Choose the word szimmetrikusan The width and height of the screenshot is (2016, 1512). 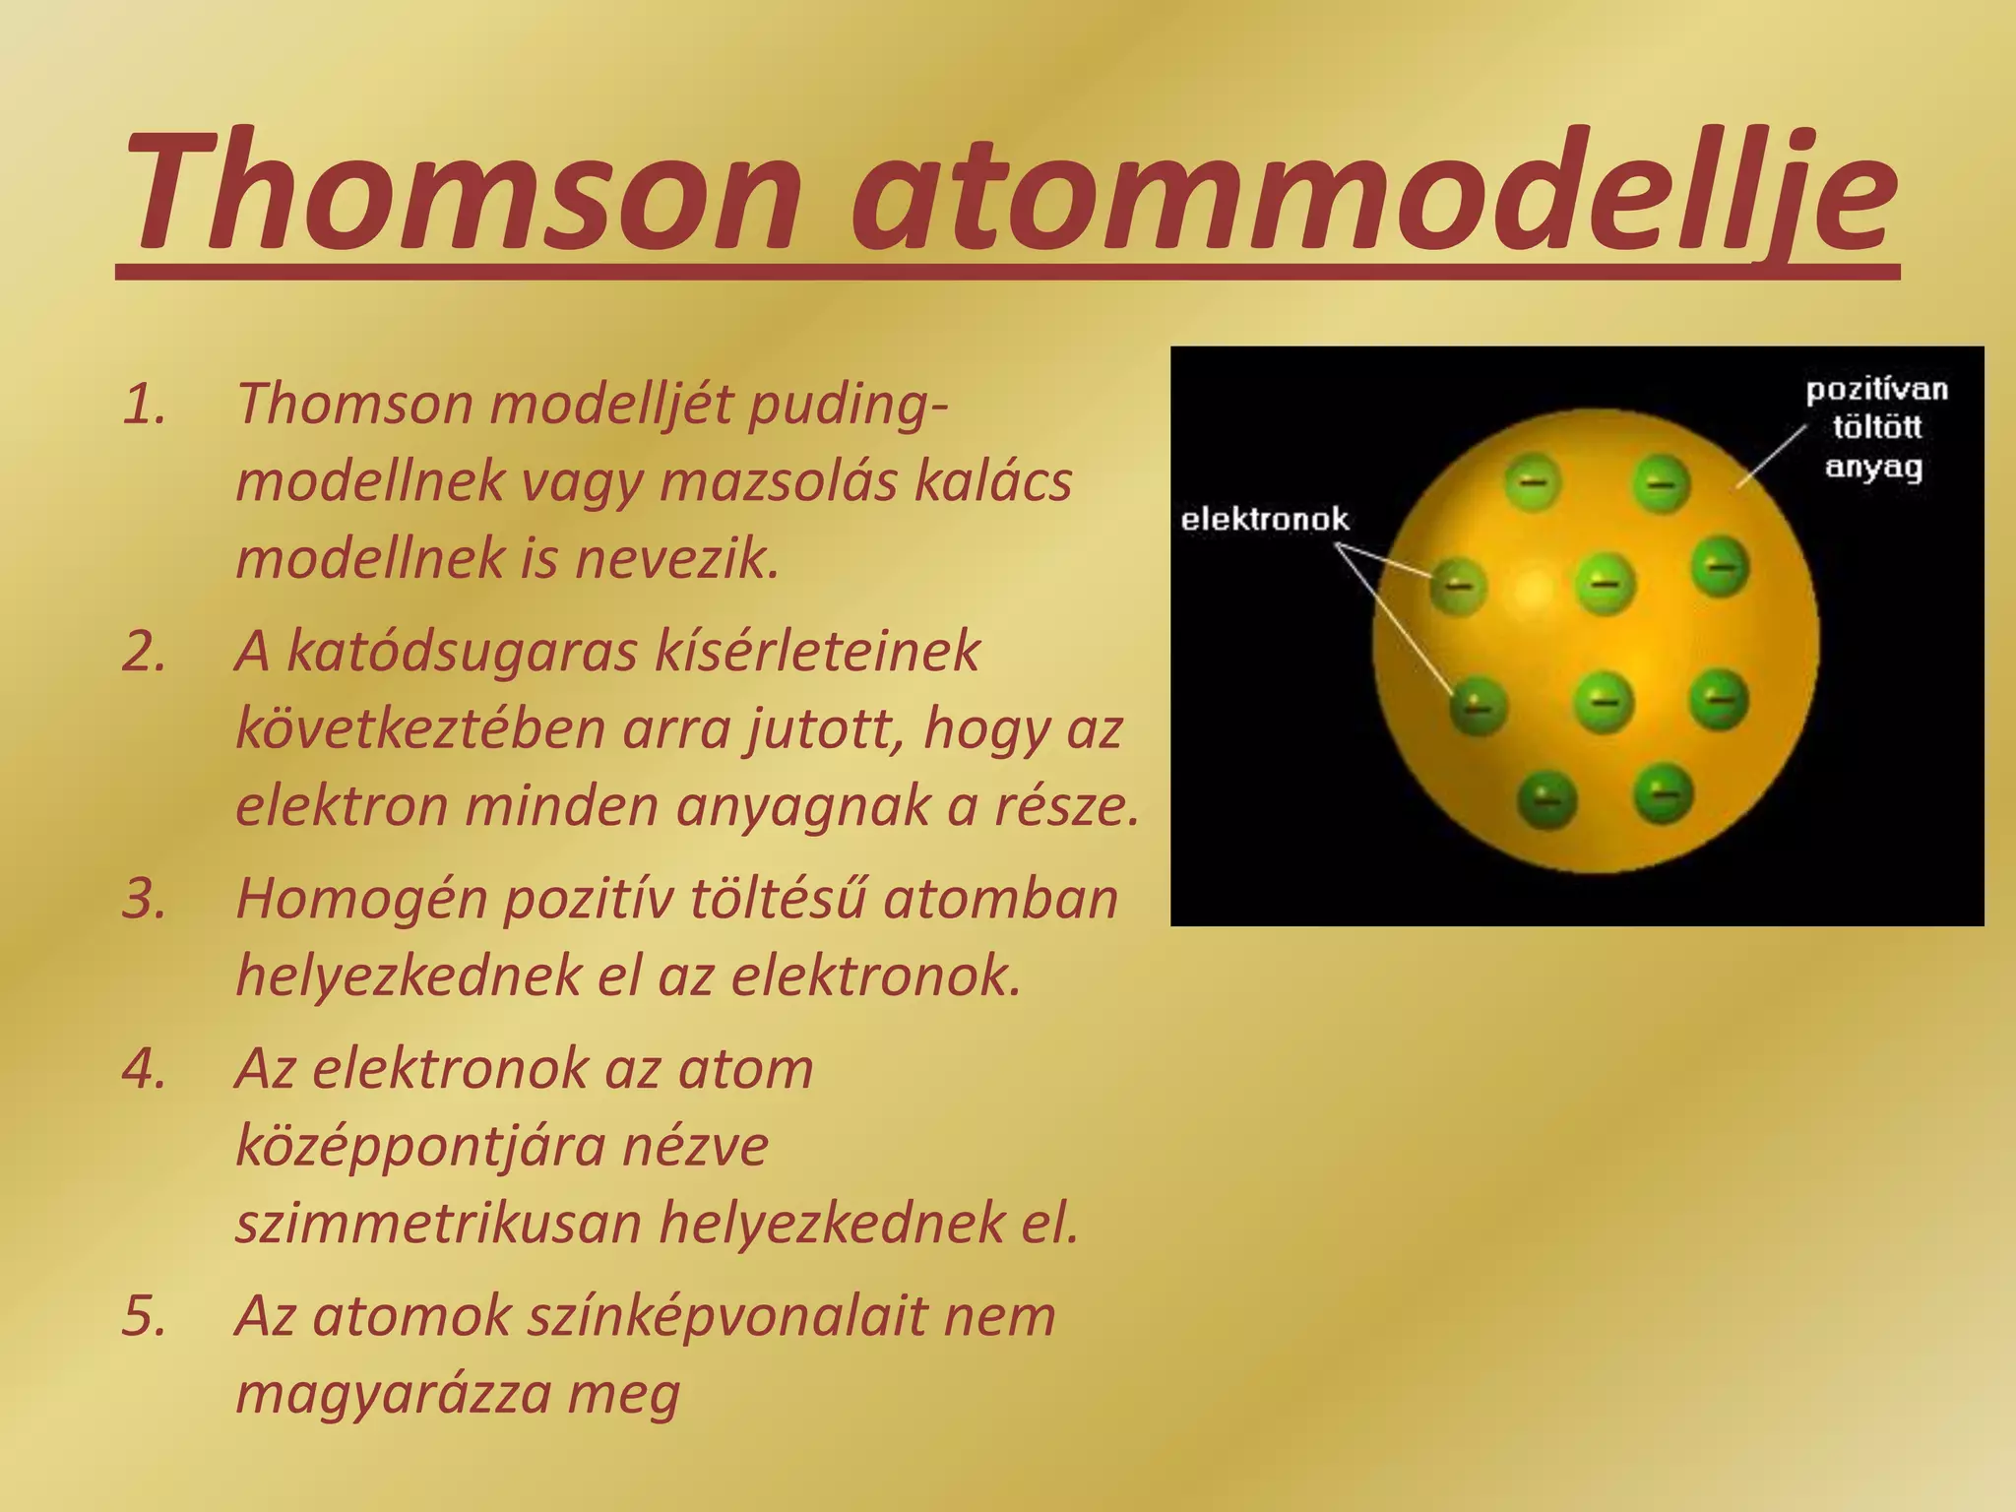click(437, 1224)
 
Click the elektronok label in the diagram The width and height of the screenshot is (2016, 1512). click(1264, 519)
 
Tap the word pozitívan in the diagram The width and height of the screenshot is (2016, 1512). click(1876, 390)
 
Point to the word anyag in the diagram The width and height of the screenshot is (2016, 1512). click(1873, 466)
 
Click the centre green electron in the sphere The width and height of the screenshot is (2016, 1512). click(1605, 583)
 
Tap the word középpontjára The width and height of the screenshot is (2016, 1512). click(502, 1147)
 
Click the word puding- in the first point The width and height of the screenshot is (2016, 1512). click(850, 405)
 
